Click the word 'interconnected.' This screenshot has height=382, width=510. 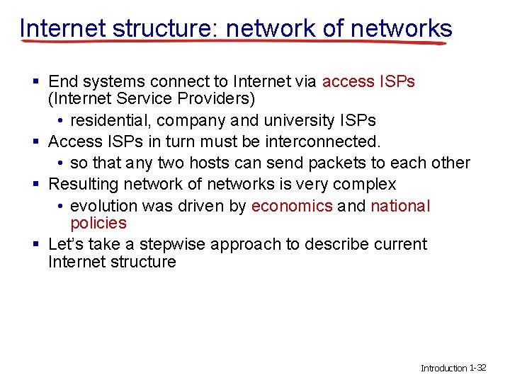tap(322, 141)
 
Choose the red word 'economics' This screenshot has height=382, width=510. tap(292, 206)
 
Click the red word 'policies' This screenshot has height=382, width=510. tap(98, 224)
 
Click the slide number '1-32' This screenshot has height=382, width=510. tap(478, 368)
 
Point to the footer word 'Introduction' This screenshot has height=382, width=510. tap(444, 368)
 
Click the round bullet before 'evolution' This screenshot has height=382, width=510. tap(62, 206)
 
